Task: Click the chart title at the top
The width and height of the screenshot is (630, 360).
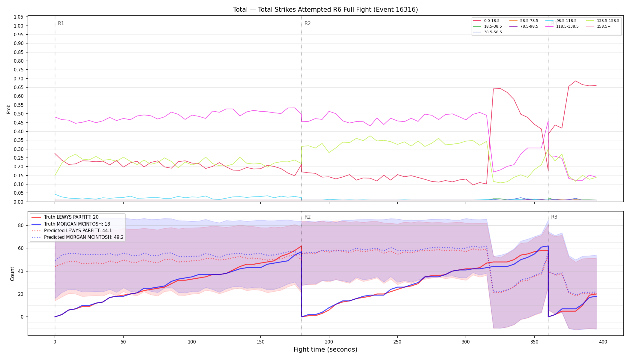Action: click(x=325, y=10)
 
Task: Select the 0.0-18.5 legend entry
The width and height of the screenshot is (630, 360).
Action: click(x=486, y=21)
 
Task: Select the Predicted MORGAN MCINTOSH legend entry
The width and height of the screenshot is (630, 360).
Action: click(x=78, y=237)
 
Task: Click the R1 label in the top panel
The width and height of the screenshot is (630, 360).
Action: click(x=61, y=23)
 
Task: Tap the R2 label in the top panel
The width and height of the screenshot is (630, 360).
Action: click(x=307, y=23)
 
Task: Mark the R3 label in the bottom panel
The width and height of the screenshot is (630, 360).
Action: click(x=554, y=217)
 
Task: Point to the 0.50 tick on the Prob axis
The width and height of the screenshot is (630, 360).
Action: click(x=19, y=114)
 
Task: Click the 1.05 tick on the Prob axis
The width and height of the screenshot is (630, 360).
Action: click(x=19, y=17)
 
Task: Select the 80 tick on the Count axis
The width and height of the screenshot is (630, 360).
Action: click(x=21, y=225)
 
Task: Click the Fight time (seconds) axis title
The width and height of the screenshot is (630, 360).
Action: click(x=325, y=349)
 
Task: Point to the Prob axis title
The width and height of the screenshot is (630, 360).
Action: click(x=9, y=109)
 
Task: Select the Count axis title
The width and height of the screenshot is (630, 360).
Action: click(x=12, y=274)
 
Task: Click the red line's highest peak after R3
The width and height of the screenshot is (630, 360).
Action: click(x=575, y=81)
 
